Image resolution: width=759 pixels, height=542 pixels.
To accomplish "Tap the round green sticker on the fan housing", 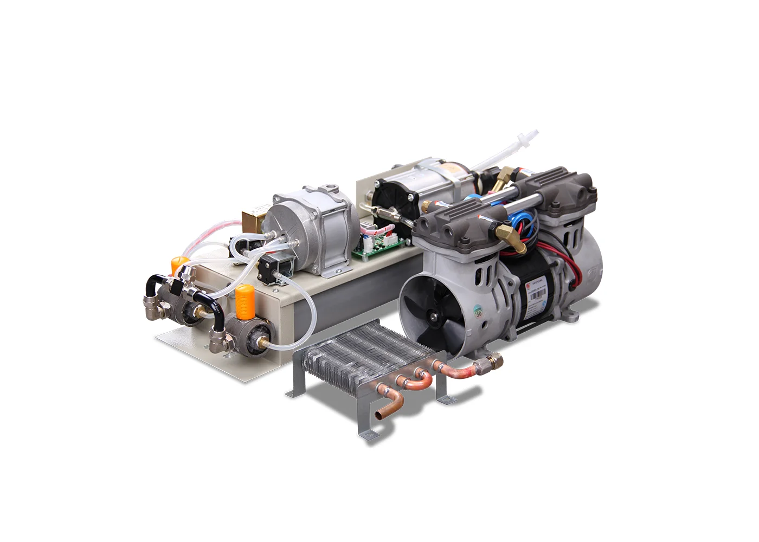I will pyautogui.click(x=478, y=311).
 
